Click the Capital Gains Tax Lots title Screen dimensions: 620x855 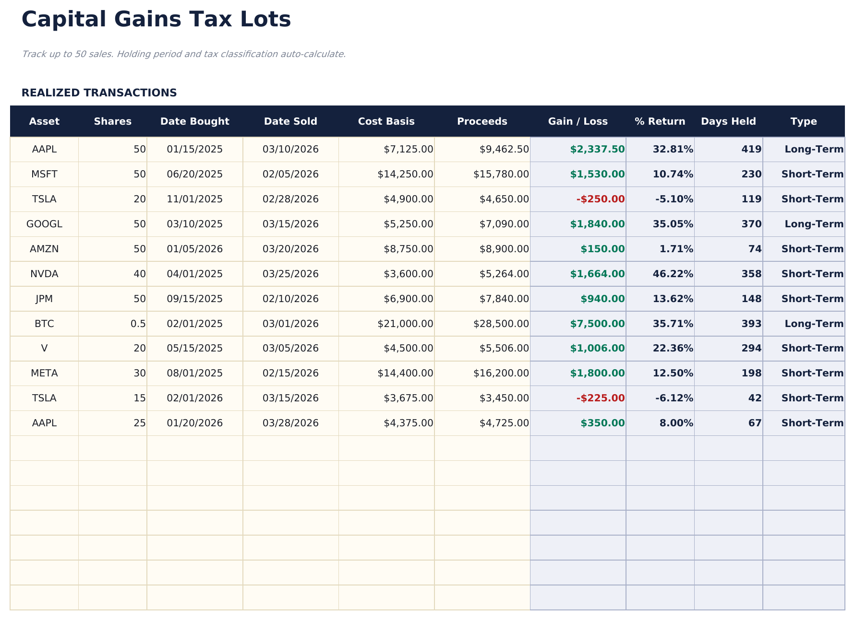coord(156,20)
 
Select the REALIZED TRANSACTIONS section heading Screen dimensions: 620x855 coord(99,93)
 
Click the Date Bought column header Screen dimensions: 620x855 coord(194,121)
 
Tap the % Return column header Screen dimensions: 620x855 coord(660,121)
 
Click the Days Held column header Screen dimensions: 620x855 coord(728,121)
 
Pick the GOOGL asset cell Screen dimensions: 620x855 coord(44,224)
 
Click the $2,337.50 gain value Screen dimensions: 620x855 coord(597,149)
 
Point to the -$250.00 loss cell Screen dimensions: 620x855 coord(600,199)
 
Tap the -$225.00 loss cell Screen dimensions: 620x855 coord(600,398)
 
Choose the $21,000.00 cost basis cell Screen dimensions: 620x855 coord(405,324)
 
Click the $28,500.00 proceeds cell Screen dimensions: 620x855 coord(501,324)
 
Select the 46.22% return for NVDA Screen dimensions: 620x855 coord(673,274)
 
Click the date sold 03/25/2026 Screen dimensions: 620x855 coord(290,274)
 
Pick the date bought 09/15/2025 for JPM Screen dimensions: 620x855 coord(194,299)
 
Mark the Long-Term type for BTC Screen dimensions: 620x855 coord(814,324)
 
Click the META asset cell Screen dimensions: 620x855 coord(44,373)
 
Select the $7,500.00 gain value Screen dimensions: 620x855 coord(597,324)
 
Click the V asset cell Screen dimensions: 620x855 coord(44,349)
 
